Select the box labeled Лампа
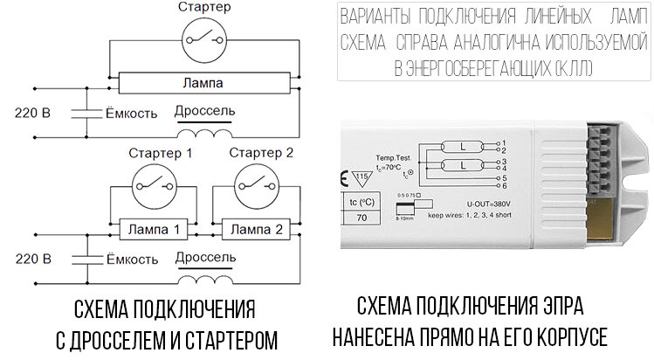click(x=203, y=84)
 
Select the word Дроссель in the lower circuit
click(x=205, y=259)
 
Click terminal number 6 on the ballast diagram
click(x=505, y=186)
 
